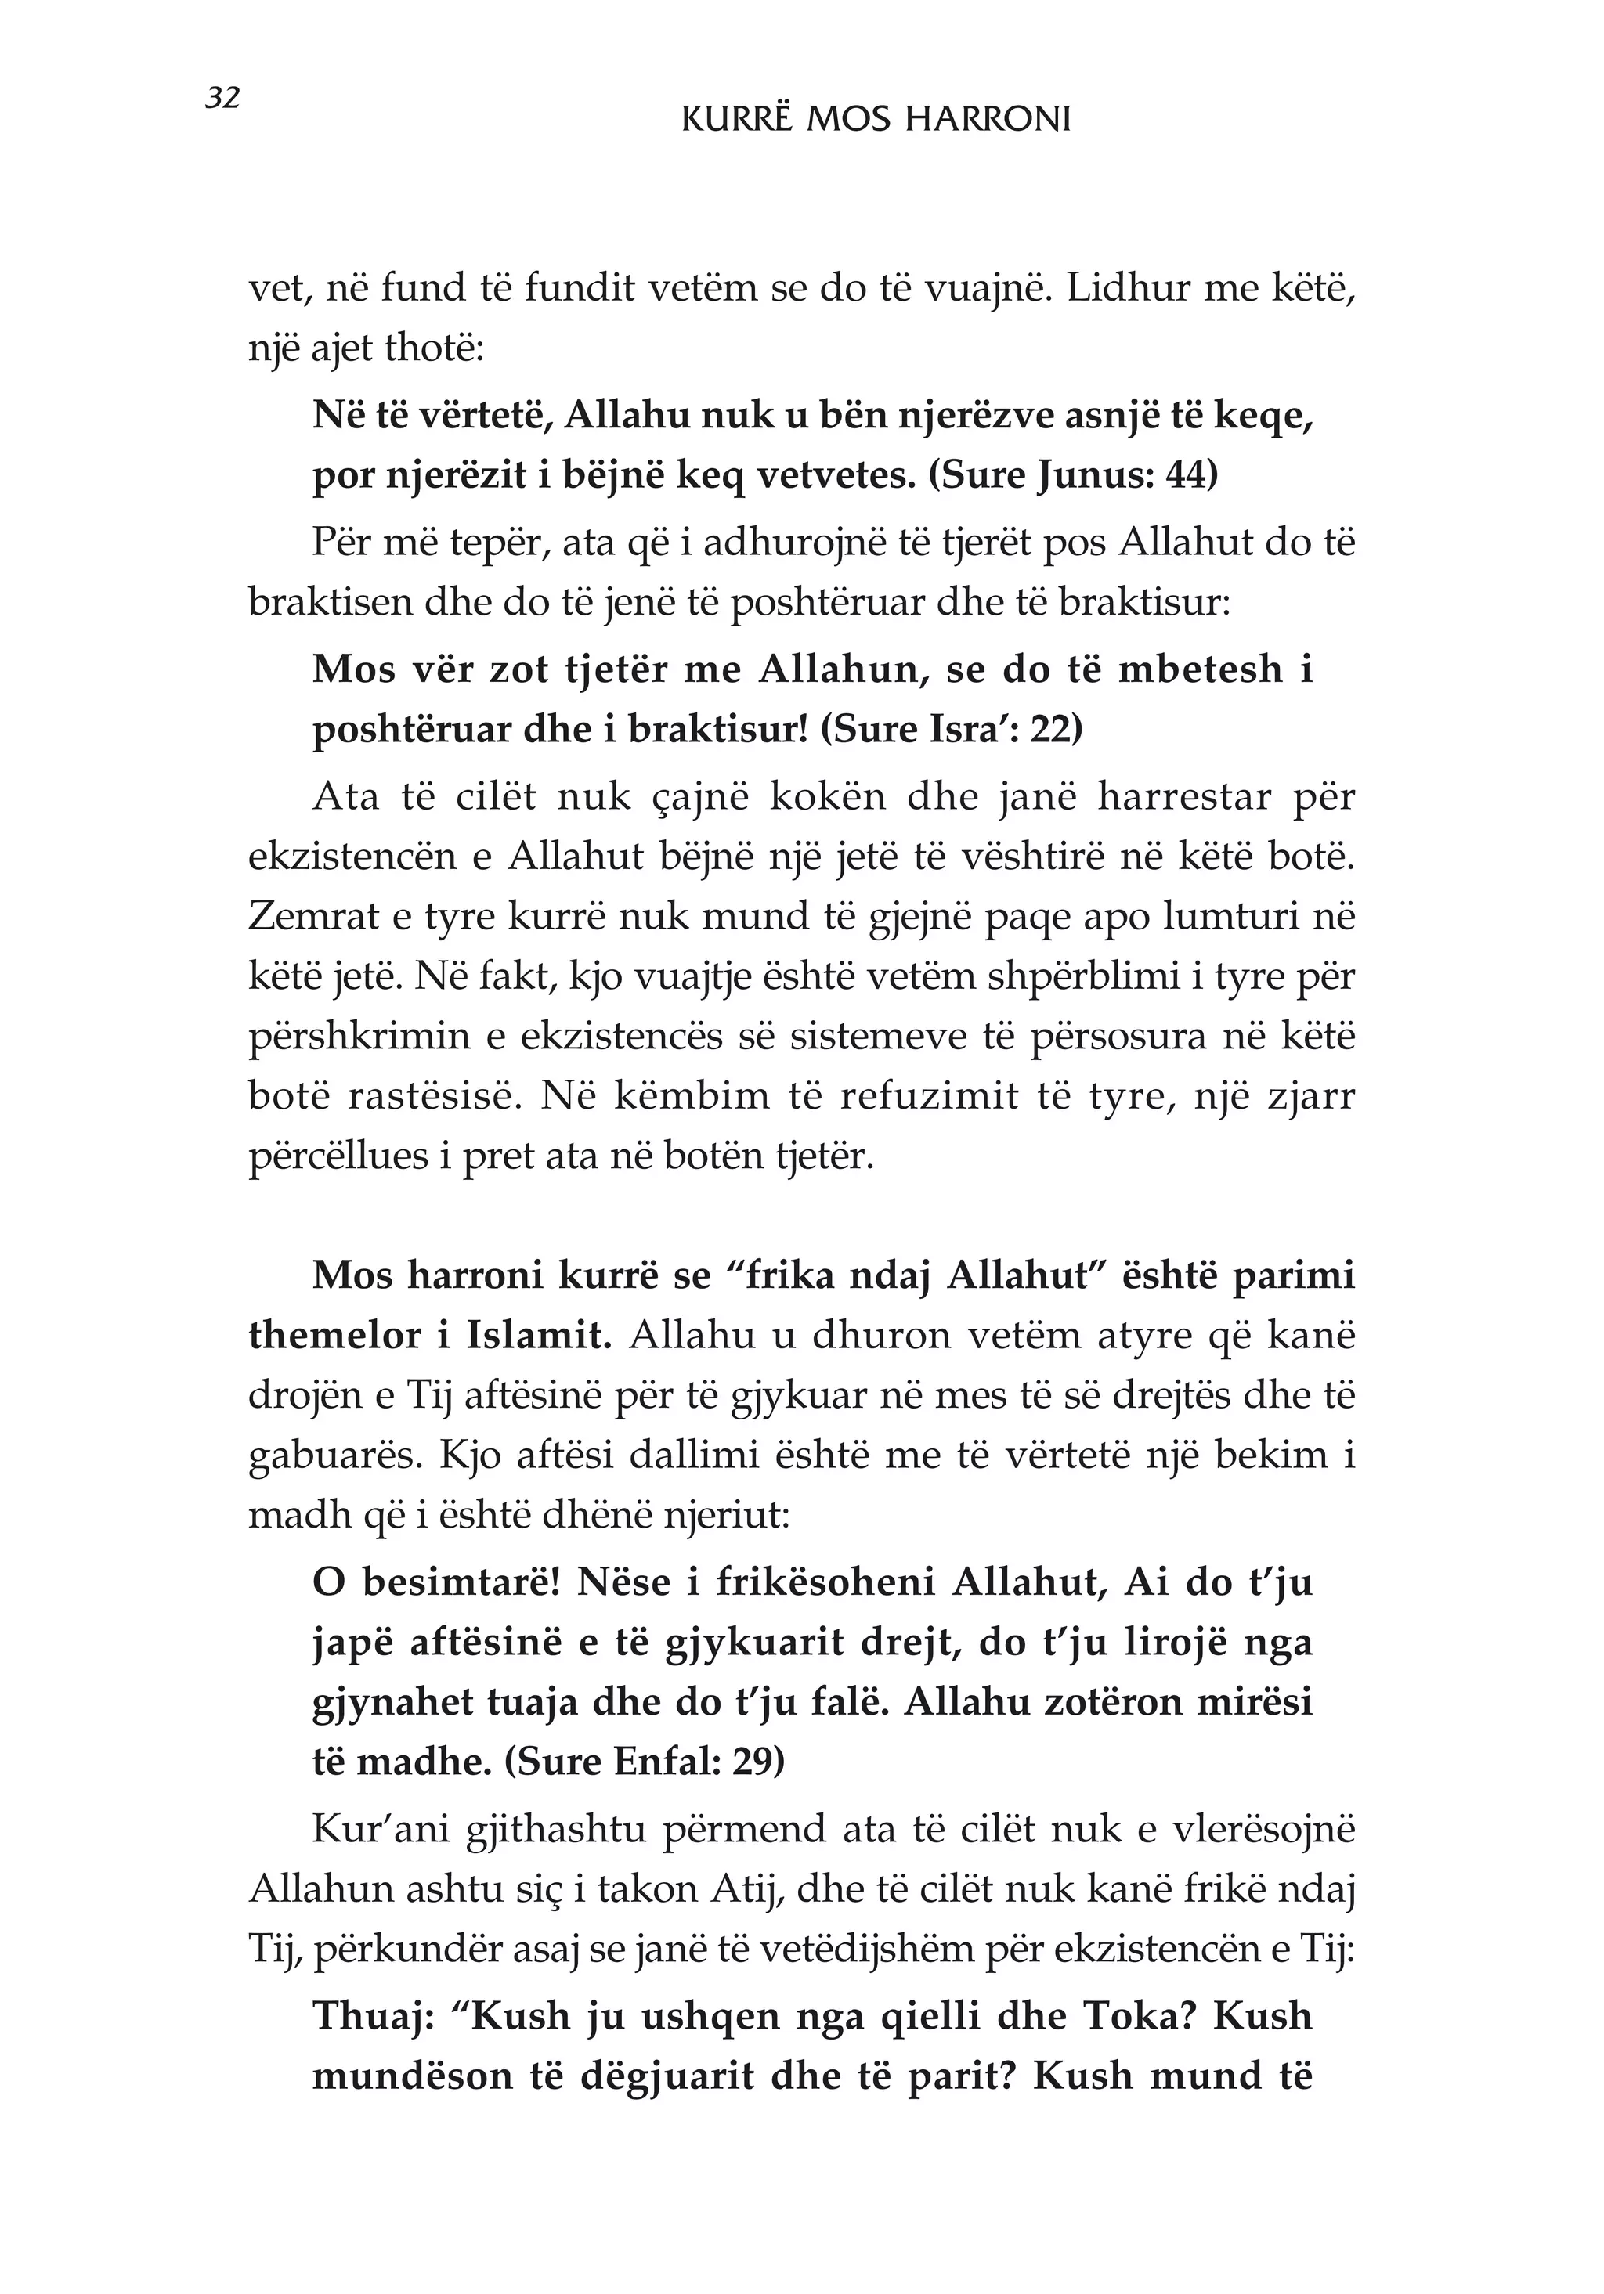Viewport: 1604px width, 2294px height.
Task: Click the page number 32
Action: click(x=222, y=98)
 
